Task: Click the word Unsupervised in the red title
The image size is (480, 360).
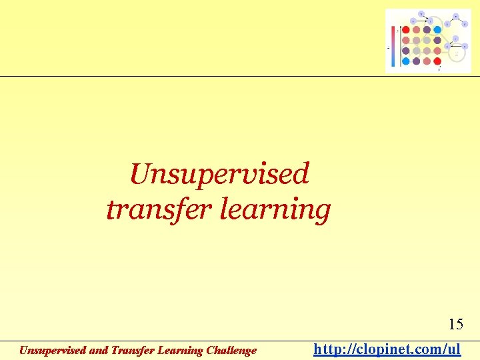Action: tap(219, 175)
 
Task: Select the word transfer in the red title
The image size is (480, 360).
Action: tap(145, 209)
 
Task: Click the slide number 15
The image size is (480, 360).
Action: tap(456, 325)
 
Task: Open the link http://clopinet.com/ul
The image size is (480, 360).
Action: tap(387, 349)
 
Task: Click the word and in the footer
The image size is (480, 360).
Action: tap(97, 351)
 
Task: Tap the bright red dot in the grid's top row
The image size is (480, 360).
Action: tap(406, 30)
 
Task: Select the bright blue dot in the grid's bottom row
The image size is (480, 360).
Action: tap(406, 61)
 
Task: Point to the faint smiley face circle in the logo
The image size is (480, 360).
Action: tap(457, 53)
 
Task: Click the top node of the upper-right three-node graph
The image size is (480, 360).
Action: tap(456, 15)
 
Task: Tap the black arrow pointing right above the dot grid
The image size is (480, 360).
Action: tap(423, 21)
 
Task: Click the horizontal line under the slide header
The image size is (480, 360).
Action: tap(240, 76)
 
